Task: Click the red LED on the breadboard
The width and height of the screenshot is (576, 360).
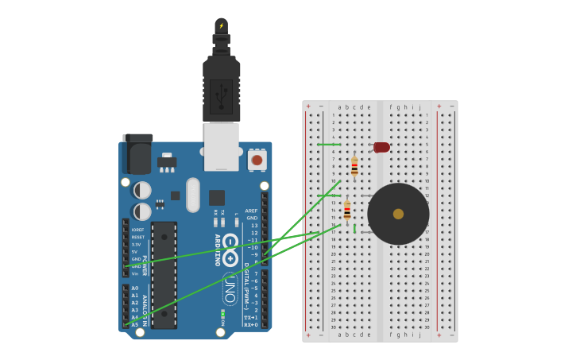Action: click(x=381, y=147)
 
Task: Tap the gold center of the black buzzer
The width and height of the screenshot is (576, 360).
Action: click(x=398, y=214)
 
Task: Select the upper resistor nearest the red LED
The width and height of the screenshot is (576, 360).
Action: click(x=354, y=166)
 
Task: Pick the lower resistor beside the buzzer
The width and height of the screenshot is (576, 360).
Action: click(x=347, y=210)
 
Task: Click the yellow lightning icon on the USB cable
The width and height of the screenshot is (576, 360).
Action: click(x=222, y=25)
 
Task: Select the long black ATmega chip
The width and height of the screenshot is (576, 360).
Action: click(x=164, y=275)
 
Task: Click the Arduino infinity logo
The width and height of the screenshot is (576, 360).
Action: click(x=230, y=252)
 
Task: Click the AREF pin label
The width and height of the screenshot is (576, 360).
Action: click(x=252, y=211)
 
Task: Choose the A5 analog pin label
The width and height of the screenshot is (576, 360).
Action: click(x=134, y=324)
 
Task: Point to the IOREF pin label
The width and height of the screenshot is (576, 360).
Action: click(x=138, y=230)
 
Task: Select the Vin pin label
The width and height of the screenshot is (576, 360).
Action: click(x=135, y=273)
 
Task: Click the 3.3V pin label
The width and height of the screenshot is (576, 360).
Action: click(x=136, y=244)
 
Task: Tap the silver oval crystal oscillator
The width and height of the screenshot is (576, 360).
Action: click(x=193, y=195)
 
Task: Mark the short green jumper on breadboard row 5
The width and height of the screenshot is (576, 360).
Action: click(x=329, y=145)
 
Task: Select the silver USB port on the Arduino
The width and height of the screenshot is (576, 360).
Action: click(x=222, y=146)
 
